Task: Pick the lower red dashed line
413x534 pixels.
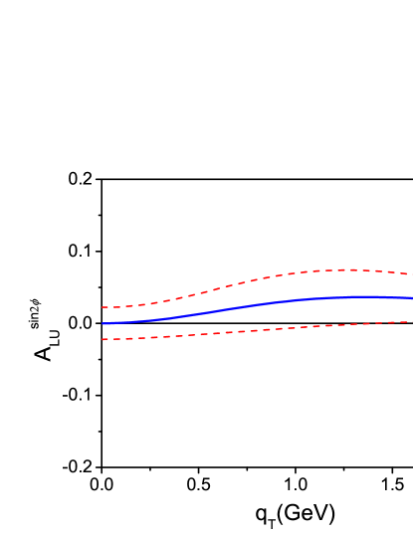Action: tap(249, 330)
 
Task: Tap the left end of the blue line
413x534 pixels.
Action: tap(103, 323)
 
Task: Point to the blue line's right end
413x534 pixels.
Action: tap(411, 297)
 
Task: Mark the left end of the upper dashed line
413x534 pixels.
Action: tap(103, 307)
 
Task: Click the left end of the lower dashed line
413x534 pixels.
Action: tap(103, 339)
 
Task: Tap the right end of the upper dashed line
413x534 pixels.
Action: tap(411, 274)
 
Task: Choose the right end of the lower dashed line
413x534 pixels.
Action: tap(411, 321)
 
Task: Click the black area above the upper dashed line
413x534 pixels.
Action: tap(249, 149)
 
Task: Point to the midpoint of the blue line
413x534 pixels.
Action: tap(257, 303)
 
